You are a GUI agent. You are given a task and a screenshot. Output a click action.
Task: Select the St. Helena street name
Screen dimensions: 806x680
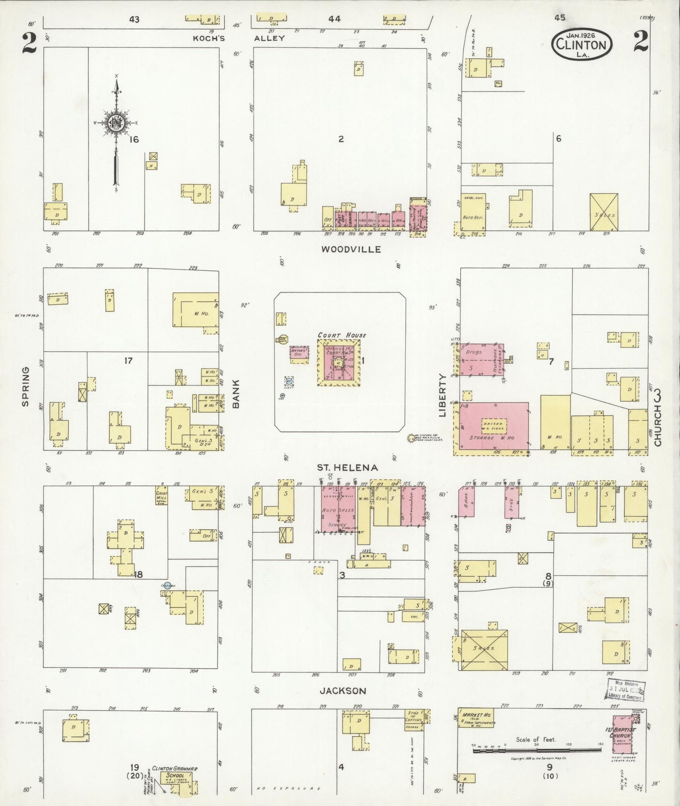point(347,467)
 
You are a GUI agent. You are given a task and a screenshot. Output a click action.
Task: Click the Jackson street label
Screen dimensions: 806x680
point(343,691)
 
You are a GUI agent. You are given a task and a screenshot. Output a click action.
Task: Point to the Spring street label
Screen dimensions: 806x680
point(25,387)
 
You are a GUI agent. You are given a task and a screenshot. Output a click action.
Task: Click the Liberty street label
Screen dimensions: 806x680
point(442,395)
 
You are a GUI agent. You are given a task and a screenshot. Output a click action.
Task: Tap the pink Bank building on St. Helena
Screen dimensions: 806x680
point(466,501)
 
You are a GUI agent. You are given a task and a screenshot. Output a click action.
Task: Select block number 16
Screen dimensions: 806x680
point(135,139)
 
